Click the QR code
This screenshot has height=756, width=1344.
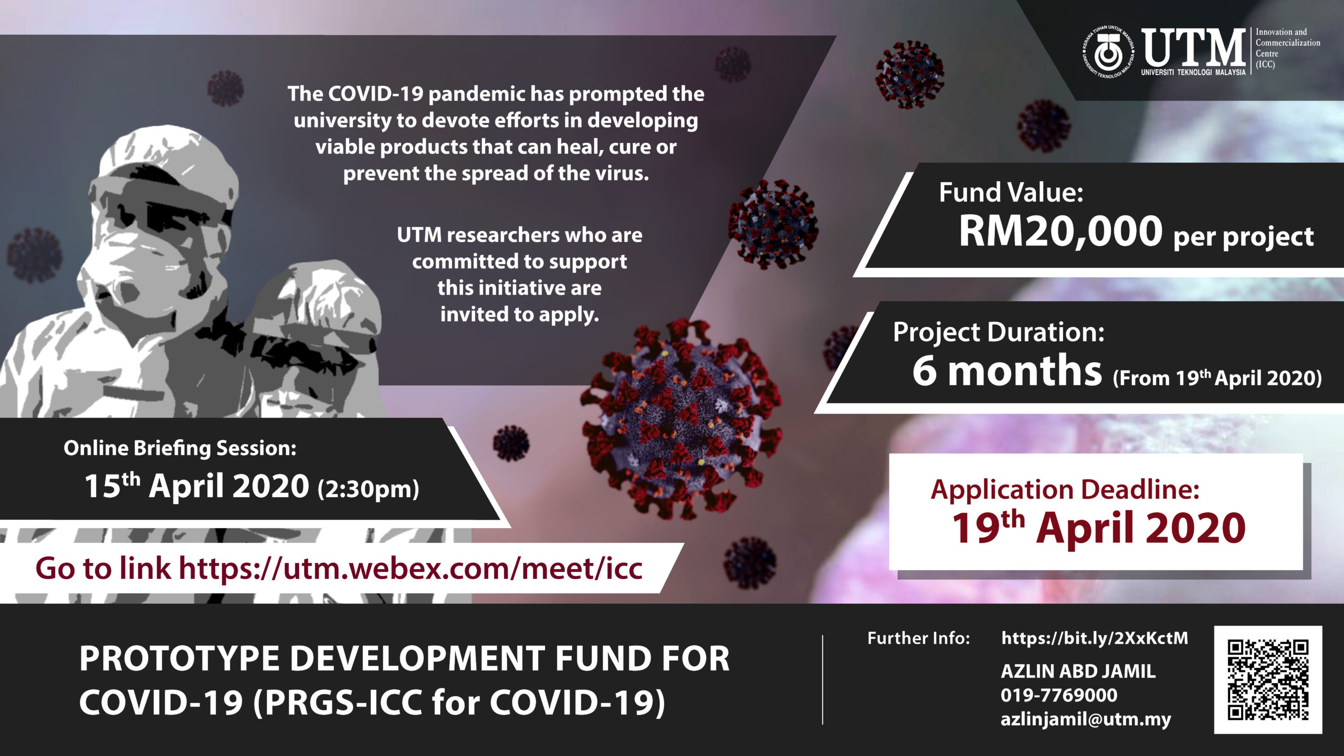pos(1268,679)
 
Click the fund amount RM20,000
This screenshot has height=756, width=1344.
pos(1060,231)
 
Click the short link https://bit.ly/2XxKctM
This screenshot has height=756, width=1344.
pos(1095,638)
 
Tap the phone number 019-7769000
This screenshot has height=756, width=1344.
pos(1059,695)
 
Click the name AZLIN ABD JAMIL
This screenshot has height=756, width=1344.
pos(1078,671)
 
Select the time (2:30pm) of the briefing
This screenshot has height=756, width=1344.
pos(368,489)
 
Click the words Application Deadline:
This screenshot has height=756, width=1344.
pos(1065,489)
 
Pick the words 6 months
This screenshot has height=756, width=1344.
pos(1007,370)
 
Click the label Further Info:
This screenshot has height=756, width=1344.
pos(919,638)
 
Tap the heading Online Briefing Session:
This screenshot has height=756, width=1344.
pos(180,448)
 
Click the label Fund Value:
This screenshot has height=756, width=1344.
pos(1011,192)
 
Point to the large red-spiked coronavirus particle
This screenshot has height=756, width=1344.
pos(682,420)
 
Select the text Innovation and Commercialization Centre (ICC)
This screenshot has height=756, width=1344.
pos(1287,48)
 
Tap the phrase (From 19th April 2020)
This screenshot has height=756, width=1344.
pos(1217,378)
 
